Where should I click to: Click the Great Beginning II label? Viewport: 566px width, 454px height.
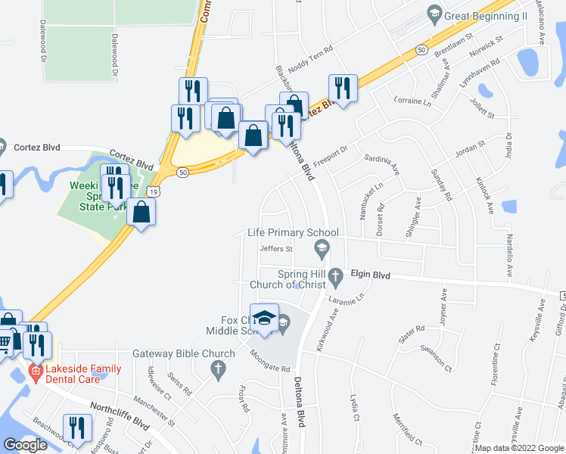click(486, 16)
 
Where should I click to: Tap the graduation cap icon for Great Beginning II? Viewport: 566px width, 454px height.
click(434, 12)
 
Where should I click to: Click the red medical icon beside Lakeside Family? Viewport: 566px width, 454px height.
click(34, 371)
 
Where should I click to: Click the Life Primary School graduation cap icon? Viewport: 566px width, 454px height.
click(322, 247)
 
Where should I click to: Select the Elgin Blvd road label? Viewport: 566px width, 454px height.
click(369, 276)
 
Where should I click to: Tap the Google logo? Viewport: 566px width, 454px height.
click(25, 445)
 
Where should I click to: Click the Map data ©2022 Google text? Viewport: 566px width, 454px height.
click(519, 448)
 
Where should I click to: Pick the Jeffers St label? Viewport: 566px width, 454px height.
click(275, 248)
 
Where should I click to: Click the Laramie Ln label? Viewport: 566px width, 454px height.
click(347, 300)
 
